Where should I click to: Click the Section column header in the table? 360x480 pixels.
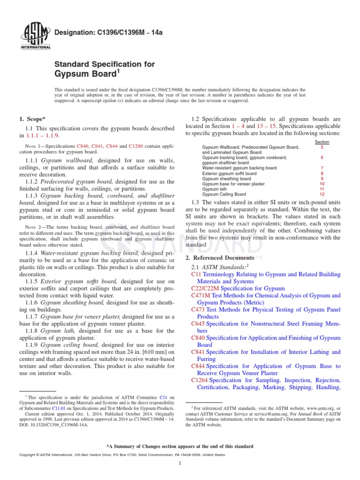click(x=322, y=142)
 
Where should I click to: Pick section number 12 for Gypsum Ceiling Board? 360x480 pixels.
click(x=322, y=194)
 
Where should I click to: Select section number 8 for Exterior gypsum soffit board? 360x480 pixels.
click(x=322, y=173)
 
